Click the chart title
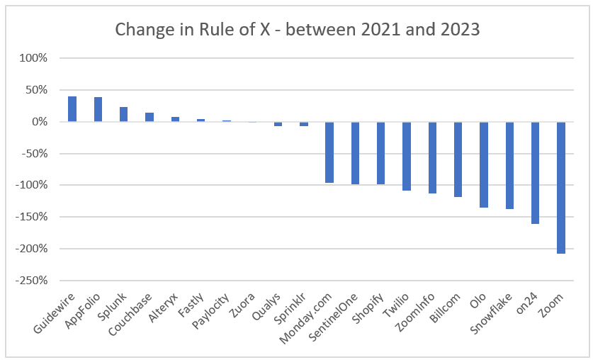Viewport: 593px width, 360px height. [x=296, y=30]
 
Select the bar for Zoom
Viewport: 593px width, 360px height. [x=561, y=187]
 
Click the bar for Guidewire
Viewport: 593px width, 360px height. [x=72, y=109]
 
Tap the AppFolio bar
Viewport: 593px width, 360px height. [x=98, y=110]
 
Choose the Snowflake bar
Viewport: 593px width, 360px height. [x=509, y=165]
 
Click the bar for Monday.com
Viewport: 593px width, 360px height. [x=329, y=152]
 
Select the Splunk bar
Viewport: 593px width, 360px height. [x=124, y=115]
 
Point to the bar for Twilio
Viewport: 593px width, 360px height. [x=407, y=156]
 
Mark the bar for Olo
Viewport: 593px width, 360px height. [x=484, y=164]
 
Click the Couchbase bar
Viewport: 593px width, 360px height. [x=149, y=117]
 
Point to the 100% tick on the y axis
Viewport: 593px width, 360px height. [x=33, y=58]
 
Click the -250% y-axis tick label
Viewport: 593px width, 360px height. [x=30, y=281]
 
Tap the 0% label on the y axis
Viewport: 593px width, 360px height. [x=38, y=122]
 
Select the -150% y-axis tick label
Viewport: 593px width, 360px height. [x=30, y=217]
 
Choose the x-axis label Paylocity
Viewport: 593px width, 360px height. [x=213, y=313]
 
